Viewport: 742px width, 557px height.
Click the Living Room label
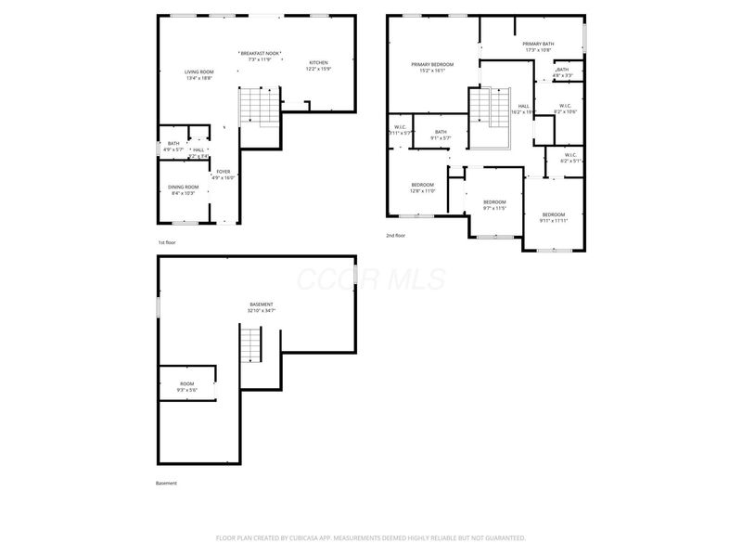[199, 71]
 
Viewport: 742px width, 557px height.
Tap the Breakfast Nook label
[261, 53]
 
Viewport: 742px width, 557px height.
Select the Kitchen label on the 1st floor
[318, 62]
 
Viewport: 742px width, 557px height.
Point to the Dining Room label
[183, 188]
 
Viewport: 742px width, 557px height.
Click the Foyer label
[224, 172]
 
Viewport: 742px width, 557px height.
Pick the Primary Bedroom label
[433, 64]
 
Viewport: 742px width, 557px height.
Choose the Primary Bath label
[538, 44]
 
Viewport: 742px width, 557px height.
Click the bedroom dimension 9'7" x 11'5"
[494, 209]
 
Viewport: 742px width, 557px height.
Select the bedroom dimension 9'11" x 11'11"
[553, 221]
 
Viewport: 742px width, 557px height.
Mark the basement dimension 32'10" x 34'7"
[262, 311]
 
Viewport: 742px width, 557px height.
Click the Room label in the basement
[187, 383]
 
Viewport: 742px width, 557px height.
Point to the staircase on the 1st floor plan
[259, 106]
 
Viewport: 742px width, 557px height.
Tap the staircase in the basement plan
[252, 345]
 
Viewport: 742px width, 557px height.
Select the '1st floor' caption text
[166, 242]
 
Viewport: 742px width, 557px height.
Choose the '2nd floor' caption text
[396, 236]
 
